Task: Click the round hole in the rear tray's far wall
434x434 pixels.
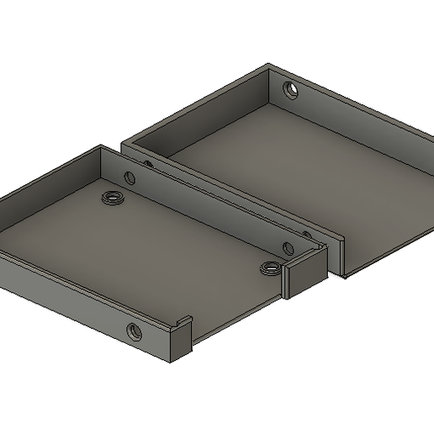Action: [290, 88]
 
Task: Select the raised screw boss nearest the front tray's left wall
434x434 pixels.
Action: [111, 198]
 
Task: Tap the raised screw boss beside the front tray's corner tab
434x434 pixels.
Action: [270, 267]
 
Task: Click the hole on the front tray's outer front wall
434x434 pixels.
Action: [134, 331]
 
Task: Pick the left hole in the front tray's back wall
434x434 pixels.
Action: [130, 177]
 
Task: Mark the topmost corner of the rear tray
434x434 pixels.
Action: [268, 64]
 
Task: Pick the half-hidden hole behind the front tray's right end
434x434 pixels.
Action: [306, 236]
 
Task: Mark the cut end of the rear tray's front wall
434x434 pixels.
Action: [341, 257]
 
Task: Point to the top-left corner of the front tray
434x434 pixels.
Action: [102, 146]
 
